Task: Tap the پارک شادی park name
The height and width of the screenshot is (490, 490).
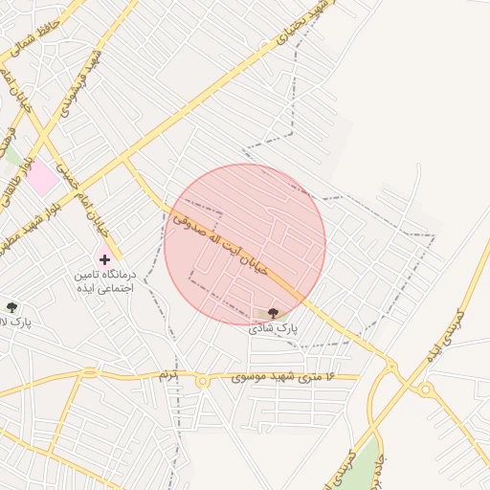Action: pyautogui.click(x=274, y=327)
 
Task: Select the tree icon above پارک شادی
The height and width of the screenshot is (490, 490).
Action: pyautogui.click(x=274, y=313)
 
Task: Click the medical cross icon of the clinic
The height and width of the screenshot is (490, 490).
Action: pyautogui.click(x=104, y=259)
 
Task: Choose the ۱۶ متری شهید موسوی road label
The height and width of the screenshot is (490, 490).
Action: pyautogui.click(x=283, y=378)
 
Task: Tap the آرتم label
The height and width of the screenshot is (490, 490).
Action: pyautogui.click(x=169, y=373)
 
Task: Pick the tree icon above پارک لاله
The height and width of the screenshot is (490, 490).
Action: pyautogui.click(x=11, y=307)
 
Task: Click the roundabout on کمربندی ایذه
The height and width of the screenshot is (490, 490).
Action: pyautogui.click(x=424, y=390)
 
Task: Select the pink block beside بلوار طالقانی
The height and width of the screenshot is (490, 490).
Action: pyautogui.click(x=40, y=178)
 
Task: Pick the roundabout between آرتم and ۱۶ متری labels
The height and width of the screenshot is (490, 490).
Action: pyautogui.click(x=203, y=381)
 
